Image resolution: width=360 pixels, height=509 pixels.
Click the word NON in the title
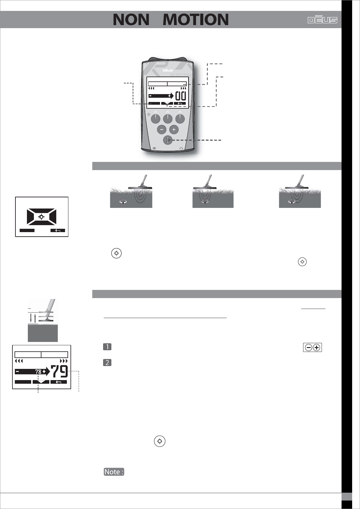pyautogui.click(x=131, y=20)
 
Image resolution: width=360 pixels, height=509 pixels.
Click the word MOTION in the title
pyautogui.click(x=195, y=20)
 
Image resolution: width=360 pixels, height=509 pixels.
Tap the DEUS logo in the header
pyautogui.click(x=322, y=20)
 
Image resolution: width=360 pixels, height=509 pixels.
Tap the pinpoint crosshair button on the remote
pyautogui.click(x=168, y=140)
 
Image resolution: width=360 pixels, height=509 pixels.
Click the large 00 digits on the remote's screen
pyautogui.click(x=181, y=96)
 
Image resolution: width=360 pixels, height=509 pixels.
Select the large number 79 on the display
pyautogui.click(x=59, y=371)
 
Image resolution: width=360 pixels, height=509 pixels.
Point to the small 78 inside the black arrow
pyautogui.click(x=38, y=372)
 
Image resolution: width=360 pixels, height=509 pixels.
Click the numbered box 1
pyautogui.click(x=107, y=347)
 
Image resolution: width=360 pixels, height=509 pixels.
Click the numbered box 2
pyautogui.click(x=107, y=363)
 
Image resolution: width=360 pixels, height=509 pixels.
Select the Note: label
pyautogui.click(x=114, y=472)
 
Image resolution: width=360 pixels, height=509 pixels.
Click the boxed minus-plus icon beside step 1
pyautogui.click(x=312, y=348)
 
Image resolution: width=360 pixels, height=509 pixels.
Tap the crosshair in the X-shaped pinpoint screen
pyautogui.click(x=42, y=217)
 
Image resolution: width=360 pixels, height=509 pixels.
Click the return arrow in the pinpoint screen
pyautogui.click(x=58, y=231)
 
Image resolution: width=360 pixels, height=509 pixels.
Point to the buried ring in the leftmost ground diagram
pyautogui.click(x=123, y=202)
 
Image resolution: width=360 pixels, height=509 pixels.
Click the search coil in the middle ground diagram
pyautogui.click(x=205, y=188)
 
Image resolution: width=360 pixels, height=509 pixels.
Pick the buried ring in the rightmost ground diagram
pyautogui.click(x=292, y=202)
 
